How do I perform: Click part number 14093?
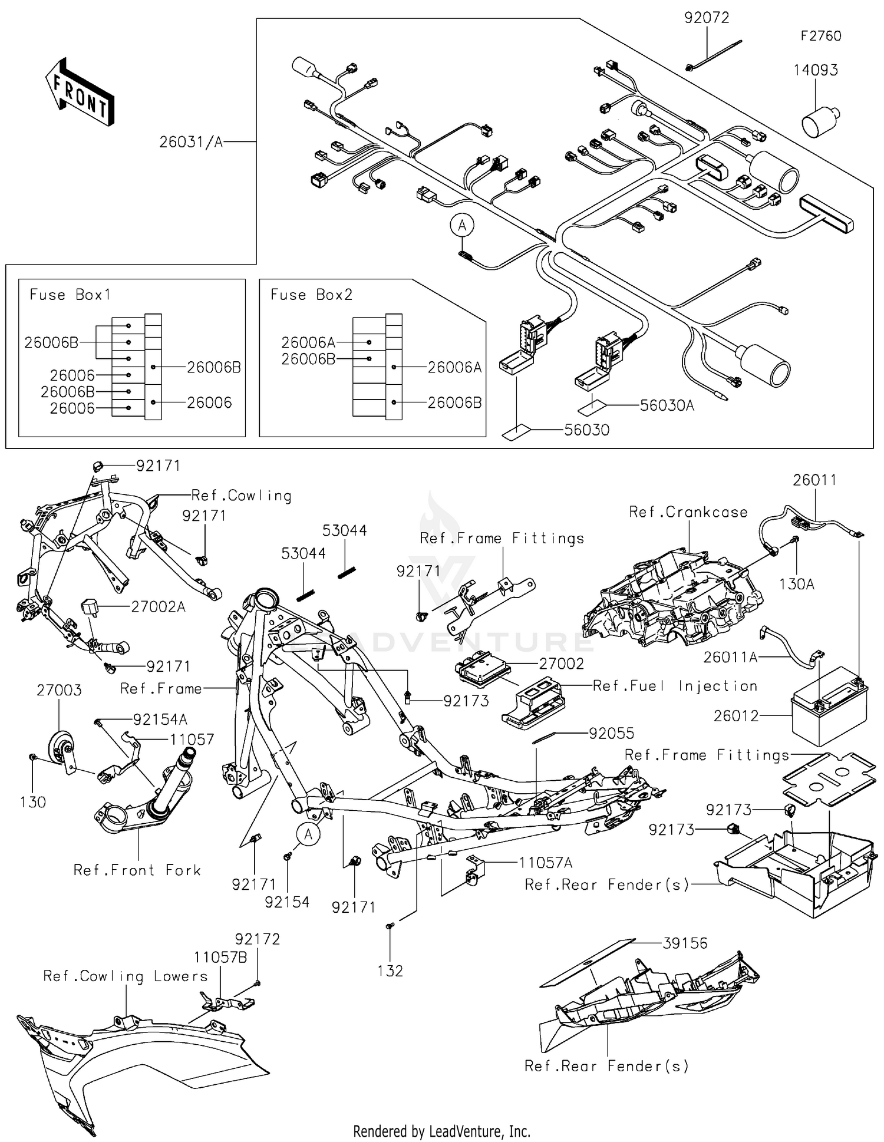[815, 70]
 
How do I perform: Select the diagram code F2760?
[820, 36]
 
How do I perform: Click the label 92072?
[706, 18]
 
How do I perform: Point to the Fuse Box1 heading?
[70, 295]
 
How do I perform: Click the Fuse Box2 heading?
[311, 295]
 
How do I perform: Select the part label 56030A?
[667, 405]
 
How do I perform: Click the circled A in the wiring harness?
[463, 225]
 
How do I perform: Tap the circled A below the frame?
[308, 834]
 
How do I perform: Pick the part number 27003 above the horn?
[59, 690]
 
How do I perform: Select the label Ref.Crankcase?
[688, 512]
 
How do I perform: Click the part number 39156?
[685, 943]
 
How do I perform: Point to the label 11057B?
[220, 958]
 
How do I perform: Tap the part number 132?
[390, 971]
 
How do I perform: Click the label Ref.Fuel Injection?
[675, 686]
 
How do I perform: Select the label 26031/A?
[191, 142]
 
